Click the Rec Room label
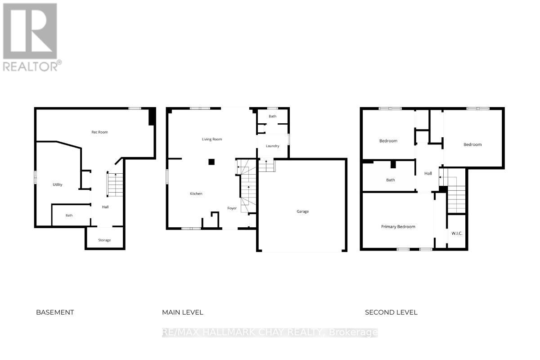pyautogui.click(x=99, y=132)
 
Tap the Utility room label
pyautogui.click(x=57, y=184)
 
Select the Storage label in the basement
pyautogui.click(x=104, y=240)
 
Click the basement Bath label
pyautogui.click(x=69, y=216)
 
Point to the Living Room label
pyautogui.click(x=211, y=139)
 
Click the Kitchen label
pyautogui.click(x=196, y=193)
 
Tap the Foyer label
pyautogui.click(x=232, y=208)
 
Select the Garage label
pyautogui.click(x=302, y=211)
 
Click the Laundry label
pyautogui.click(x=272, y=146)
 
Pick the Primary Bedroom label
pyautogui.click(x=398, y=227)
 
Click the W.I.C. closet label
pyautogui.click(x=457, y=233)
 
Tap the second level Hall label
pyautogui.click(x=428, y=173)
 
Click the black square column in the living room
pyautogui.click(x=211, y=162)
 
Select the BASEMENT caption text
pyautogui.click(x=55, y=312)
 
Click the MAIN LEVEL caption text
pyautogui.click(x=183, y=312)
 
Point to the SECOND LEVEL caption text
pyautogui.click(x=391, y=312)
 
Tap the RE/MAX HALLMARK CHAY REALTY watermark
pyautogui.click(x=270, y=333)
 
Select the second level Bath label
pyautogui.click(x=390, y=180)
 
